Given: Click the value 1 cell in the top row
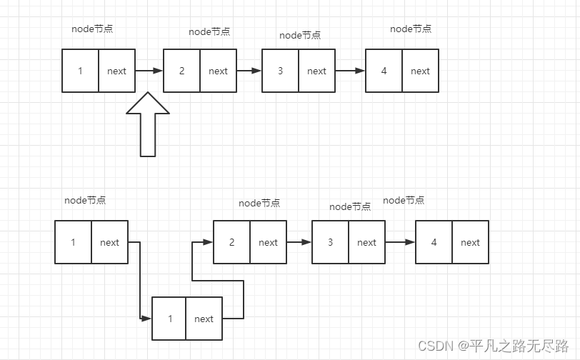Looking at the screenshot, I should (x=80, y=71).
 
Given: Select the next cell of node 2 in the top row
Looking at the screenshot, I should (x=218, y=71).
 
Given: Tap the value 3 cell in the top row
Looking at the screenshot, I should (x=280, y=71).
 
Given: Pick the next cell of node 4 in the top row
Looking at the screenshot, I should (x=420, y=71).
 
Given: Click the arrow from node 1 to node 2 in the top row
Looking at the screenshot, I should (x=149, y=71).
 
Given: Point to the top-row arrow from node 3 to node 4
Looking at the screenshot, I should (x=350, y=71).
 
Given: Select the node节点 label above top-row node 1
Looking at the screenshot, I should (x=92, y=29).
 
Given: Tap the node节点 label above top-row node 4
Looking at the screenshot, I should (x=411, y=29).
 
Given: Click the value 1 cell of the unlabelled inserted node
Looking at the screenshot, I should (x=169, y=319).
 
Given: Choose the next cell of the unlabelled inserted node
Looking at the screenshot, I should (x=204, y=319).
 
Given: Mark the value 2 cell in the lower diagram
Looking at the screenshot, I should (x=231, y=242).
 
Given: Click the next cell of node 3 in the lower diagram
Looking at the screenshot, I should (x=366, y=242).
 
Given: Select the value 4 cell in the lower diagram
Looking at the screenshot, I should (x=434, y=242).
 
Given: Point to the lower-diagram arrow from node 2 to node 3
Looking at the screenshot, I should (x=299, y=242).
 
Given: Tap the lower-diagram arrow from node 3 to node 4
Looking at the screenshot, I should (x=400, y=242).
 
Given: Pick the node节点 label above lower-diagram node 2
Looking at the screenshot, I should (x=259, y=204).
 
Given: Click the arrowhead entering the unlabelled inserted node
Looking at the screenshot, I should (x=146, y=318).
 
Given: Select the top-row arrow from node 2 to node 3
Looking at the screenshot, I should (x=249, y=71).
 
